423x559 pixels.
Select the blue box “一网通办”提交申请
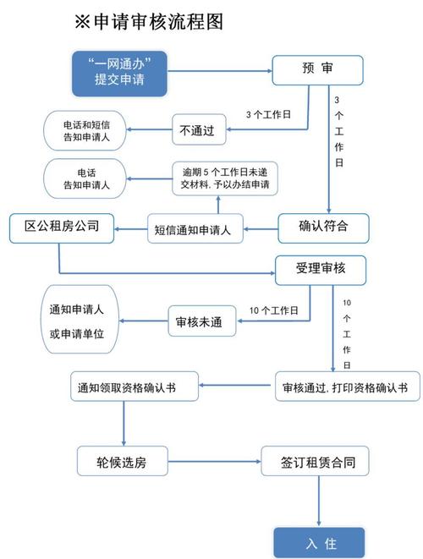(x=118, y=71)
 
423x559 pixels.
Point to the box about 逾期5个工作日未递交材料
(x=226, y=178)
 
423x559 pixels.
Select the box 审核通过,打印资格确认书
(x=345, y=387)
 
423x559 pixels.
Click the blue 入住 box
(x=319, y=541)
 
